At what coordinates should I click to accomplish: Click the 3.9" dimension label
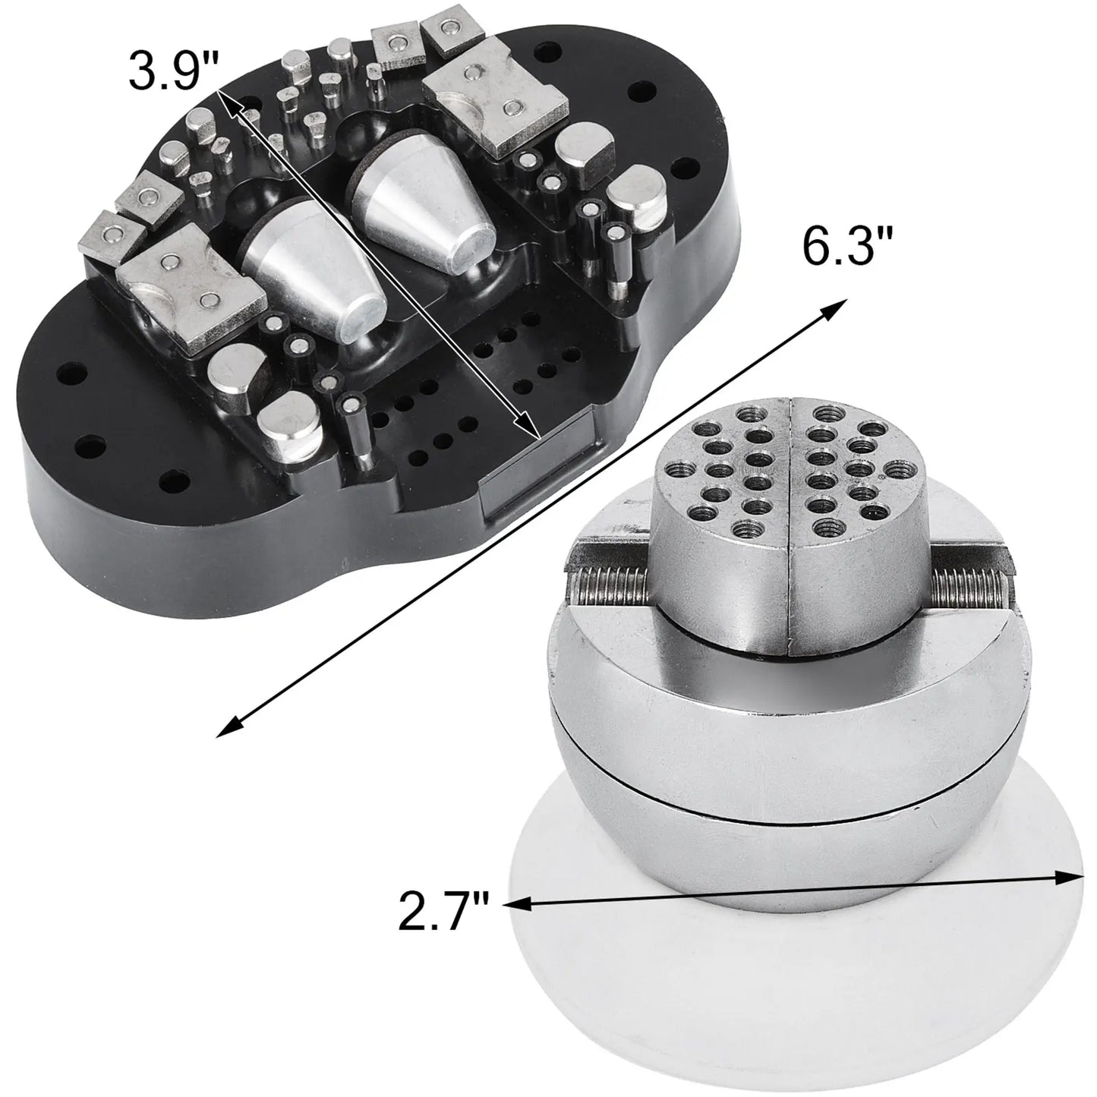174,71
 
